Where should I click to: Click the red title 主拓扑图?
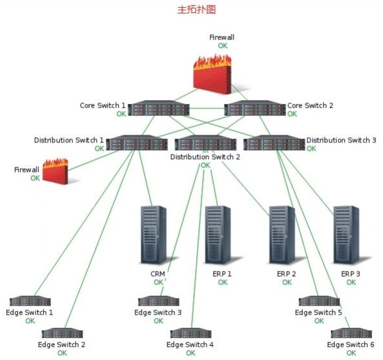(196, 10)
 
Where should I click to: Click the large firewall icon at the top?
(212, 74)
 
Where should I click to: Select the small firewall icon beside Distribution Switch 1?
(55, 171)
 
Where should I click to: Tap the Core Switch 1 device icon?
(158, 108)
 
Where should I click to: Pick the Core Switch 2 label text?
(310, 105)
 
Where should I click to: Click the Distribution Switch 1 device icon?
(137, 142)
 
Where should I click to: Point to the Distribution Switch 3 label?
(341, 140)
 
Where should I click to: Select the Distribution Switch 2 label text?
(205, 157)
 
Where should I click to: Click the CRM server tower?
(153, 235)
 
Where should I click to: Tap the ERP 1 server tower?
(218, 235)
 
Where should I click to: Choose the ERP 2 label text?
(287, 274)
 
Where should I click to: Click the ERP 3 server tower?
(346, 235)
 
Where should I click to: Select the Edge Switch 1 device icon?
(30, 301)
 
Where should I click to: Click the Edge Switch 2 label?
(62, 345)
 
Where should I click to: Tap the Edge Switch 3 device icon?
(158, 301)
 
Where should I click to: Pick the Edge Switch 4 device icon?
(191, 333)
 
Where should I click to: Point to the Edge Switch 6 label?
(350, 345)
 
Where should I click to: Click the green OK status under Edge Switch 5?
(319, 321)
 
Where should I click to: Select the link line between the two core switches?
(207, 108)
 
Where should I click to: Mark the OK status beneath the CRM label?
(158, 282)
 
